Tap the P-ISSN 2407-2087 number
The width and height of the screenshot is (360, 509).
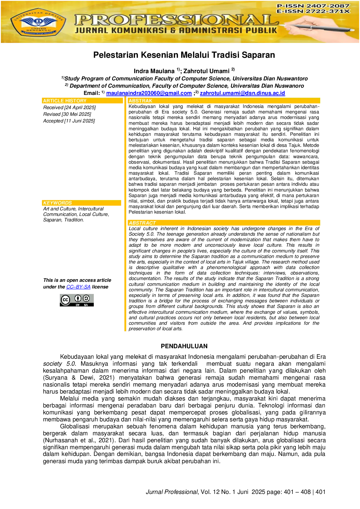313,6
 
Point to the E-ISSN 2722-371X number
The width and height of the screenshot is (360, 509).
313,11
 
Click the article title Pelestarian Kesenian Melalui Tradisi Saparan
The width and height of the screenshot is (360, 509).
184,55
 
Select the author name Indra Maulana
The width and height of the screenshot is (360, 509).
154,71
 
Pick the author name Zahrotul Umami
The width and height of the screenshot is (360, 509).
206,71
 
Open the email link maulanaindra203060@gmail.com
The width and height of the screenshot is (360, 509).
149,93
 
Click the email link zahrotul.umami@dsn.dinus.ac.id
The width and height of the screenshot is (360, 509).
242,93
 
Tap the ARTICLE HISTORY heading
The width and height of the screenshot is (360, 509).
65,101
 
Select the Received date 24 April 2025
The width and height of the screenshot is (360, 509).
69,107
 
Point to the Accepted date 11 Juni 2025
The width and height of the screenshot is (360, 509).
69,121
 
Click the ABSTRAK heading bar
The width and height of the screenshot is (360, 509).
224,101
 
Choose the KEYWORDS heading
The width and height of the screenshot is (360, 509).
57,203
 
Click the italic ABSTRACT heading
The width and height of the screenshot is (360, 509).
142,223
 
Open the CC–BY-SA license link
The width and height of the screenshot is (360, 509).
78,287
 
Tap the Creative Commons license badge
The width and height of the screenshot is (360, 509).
77,300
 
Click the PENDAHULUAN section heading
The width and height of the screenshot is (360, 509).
184,346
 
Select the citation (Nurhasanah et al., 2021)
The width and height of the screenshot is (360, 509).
78,440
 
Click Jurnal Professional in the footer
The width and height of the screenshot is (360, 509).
172,492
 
